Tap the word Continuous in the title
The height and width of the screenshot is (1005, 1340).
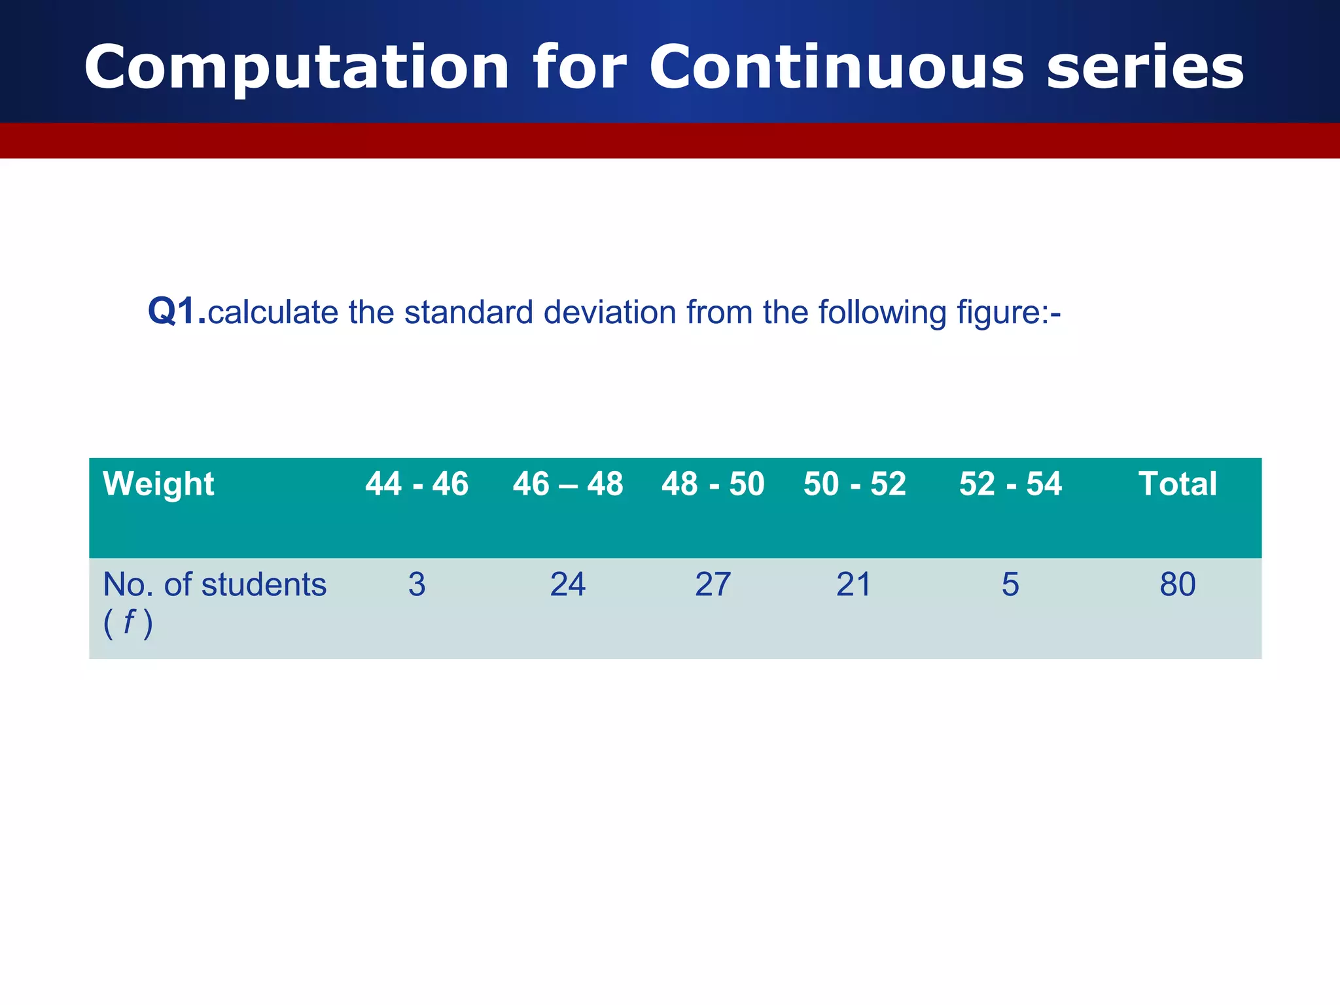836,67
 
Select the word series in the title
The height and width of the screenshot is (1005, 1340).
1144,67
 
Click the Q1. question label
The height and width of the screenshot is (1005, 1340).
177,311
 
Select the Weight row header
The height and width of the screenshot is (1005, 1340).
158,485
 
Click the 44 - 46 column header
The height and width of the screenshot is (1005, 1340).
417,485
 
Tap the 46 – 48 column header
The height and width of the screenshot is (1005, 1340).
567,485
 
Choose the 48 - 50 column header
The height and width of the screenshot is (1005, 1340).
713,485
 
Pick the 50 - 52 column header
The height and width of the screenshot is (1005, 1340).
855,485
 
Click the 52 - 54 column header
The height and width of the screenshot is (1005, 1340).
1010,485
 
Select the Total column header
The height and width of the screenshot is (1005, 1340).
1177,485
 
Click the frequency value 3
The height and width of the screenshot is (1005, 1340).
417,584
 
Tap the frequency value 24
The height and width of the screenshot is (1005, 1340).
567,584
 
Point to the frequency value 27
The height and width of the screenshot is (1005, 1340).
713,584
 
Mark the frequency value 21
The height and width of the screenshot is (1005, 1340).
854,584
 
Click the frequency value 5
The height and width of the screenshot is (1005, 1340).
1010,584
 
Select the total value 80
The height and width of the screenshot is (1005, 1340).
1177,584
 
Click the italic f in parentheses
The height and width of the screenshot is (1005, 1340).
129,622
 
